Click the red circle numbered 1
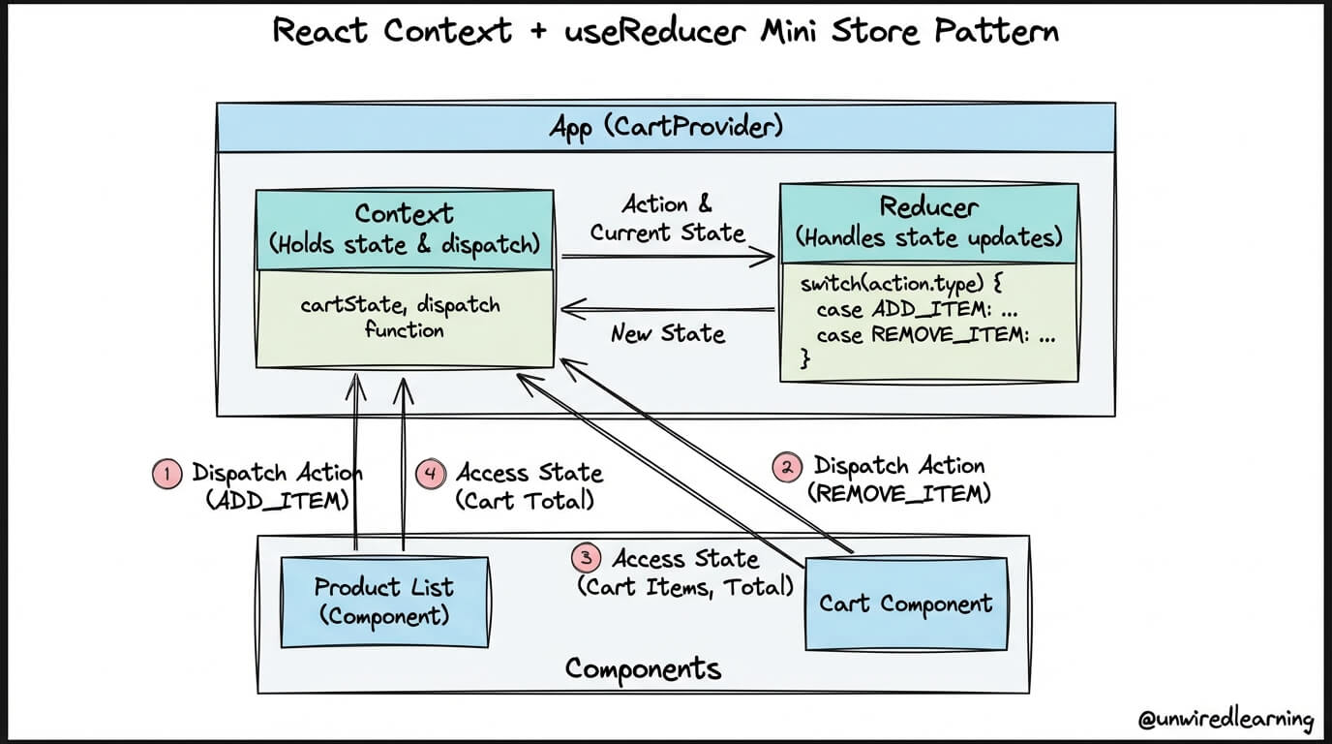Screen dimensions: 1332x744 166,475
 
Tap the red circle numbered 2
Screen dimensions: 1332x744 787,467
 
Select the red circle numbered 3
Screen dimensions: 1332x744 587,558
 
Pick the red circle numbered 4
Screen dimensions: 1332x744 431,475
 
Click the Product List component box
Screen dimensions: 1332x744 384,602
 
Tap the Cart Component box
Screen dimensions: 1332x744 906,604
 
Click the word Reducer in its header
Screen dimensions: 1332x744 928,207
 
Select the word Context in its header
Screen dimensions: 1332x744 404,214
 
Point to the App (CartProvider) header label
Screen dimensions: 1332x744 666,127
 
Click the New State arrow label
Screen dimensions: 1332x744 668,333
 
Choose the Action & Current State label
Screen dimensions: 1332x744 667,218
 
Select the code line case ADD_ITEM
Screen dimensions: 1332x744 917,309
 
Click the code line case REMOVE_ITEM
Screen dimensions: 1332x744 935,335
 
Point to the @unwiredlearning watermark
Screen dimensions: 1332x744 1226,719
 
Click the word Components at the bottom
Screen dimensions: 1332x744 643,669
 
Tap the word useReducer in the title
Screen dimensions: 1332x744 654,31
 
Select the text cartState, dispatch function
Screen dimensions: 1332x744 401,317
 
